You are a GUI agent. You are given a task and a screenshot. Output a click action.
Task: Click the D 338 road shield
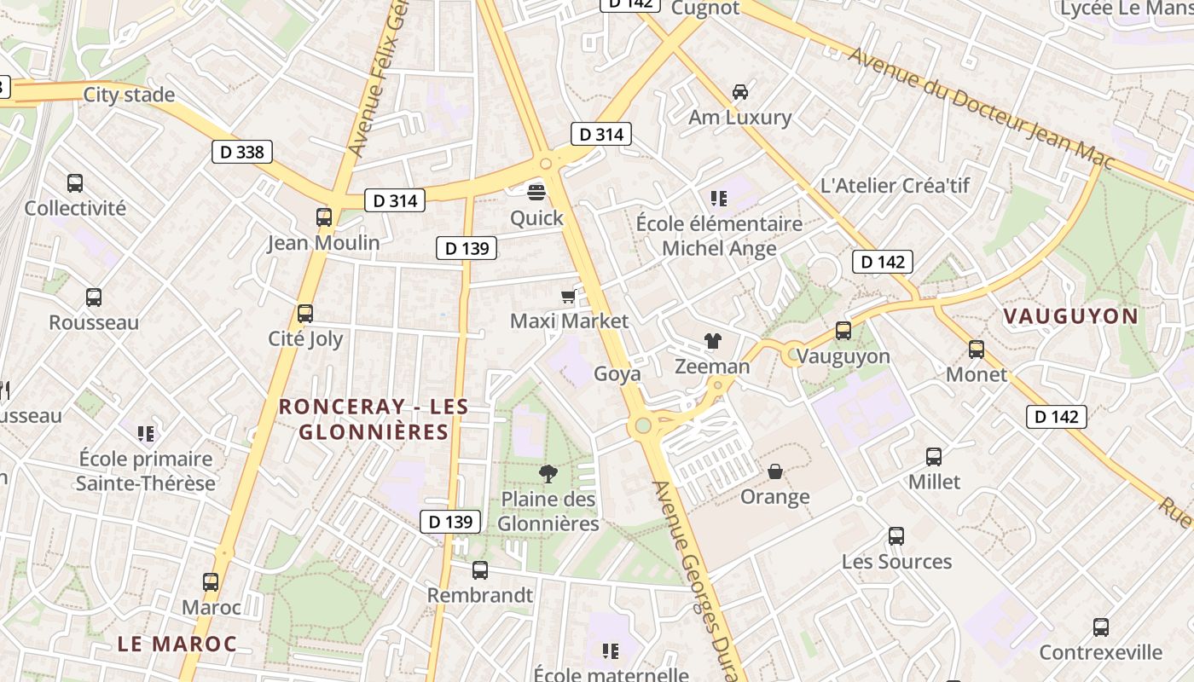[x=242, y=153]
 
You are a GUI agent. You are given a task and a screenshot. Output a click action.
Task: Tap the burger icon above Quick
[x=536, y=192]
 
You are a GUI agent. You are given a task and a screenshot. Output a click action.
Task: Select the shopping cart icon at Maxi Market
[x=568, y=296]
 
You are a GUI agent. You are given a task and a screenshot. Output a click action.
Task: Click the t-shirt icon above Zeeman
[x=713, y=341]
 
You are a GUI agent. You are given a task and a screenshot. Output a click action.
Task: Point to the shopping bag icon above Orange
[x=775, y=471]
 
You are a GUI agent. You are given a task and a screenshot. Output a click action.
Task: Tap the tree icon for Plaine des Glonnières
[x=548, y=473]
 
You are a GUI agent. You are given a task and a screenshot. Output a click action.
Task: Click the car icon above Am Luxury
[x=740, y=91]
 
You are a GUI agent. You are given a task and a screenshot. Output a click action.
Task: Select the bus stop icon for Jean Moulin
[x=323, y=217]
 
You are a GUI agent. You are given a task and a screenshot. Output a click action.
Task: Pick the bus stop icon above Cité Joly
[x=305, y=313]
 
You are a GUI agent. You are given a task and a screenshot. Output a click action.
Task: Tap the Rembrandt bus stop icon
[x=480, y=569]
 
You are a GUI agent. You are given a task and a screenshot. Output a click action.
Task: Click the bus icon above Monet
[x=977, y=349]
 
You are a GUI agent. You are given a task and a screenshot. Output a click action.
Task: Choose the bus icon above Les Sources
[x=896, y=535]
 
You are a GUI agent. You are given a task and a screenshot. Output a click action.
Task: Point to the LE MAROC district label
[x=177, y=644]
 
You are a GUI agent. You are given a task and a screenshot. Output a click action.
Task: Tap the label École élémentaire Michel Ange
[x=719, y=236]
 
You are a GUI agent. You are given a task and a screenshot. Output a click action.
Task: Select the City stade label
[x=129, y=95]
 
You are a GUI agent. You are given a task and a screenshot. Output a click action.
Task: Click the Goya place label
[x=617, y=373]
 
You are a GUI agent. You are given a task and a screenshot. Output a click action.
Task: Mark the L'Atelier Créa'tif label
[x=895, y=185]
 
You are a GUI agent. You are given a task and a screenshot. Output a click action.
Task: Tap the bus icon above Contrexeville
[x=1101, y=627]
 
